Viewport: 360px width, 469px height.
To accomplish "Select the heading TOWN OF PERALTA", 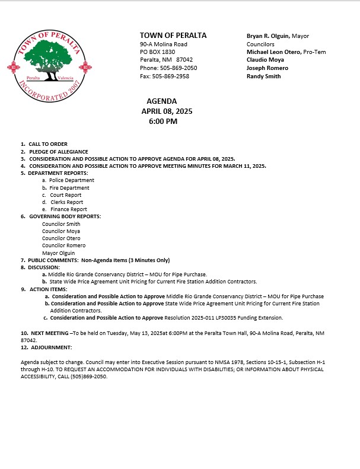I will (x=173, y=36).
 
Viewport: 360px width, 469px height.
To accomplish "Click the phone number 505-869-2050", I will (x=179, y=68).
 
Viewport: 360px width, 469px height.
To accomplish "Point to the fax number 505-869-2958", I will (x=172, y=76).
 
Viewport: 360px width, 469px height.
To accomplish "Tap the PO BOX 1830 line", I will (x=157, y=52).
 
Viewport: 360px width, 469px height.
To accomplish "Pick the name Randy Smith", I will (x=264, y=76).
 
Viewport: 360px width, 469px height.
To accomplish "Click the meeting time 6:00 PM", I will (x=163, y=122).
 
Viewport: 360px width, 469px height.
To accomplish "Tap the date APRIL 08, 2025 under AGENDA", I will (x=167, y=111).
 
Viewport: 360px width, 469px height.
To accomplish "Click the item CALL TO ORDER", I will (x=48, y=144).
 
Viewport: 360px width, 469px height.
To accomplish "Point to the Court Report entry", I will (x=65, y=195).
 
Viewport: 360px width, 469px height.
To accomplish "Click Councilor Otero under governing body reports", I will (x=61, y=238).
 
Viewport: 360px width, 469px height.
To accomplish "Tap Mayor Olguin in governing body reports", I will (x=58, y=253).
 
